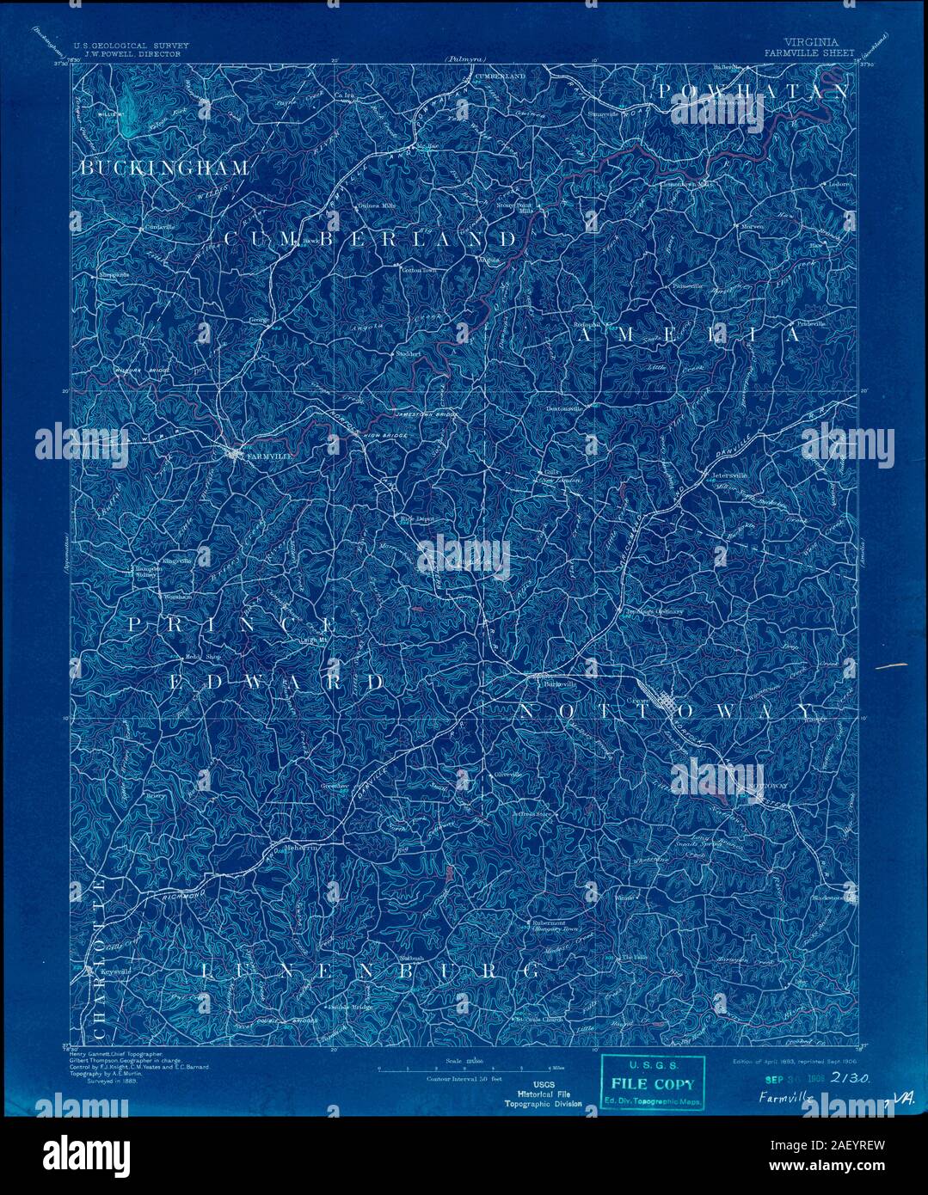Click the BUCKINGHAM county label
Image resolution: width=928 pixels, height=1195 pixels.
(164, 168)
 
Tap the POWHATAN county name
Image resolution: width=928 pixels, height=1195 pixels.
(753, 91)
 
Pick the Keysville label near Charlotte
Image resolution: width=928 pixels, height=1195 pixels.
(114, 971)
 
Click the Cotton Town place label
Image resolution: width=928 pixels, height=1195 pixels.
(419, 270)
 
